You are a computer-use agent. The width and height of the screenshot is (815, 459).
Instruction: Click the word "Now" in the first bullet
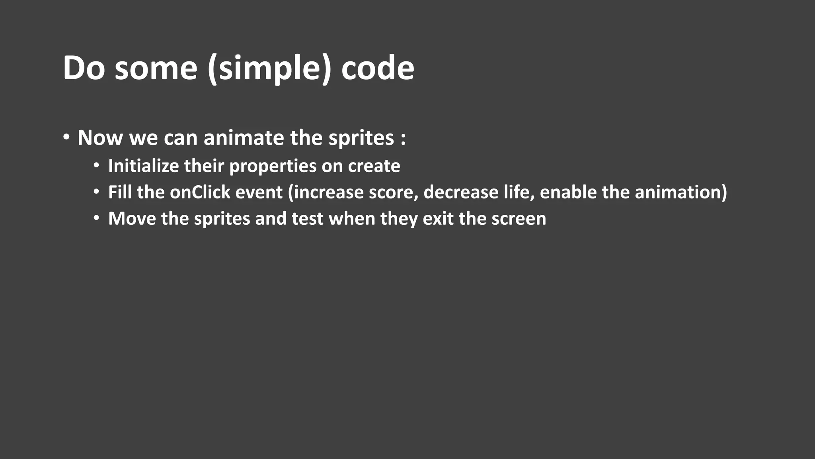point(100,138)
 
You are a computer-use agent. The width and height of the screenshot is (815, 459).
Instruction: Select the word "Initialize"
point(143,166)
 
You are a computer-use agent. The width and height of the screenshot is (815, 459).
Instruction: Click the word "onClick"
point(200,192)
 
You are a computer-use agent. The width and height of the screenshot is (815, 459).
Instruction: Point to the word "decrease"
point(461,192)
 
